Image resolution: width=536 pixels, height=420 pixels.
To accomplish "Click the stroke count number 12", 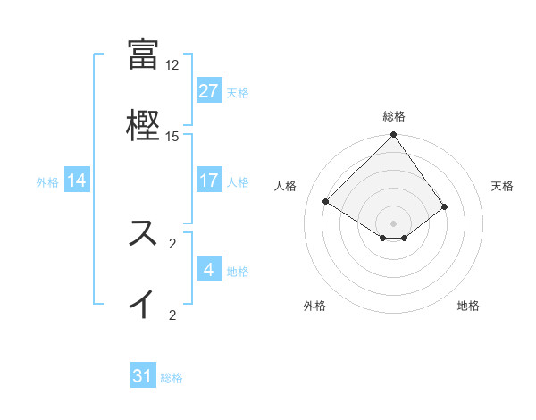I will (x=172, y=65).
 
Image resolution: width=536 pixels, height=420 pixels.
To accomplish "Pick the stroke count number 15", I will (x=172, y=137).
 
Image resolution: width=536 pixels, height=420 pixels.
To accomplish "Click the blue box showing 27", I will (x=209, y=91).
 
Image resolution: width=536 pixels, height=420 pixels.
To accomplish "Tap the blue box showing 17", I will (x=209, y=181).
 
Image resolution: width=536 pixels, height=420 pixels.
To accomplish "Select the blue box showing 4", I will (x=209, y=270).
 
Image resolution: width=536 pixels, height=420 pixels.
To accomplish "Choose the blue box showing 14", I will (x=77, y=181).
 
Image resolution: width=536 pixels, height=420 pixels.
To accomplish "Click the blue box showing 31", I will (x=143, y=376).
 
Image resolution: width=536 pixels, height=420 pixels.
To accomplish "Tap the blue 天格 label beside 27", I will (x=238, y=92).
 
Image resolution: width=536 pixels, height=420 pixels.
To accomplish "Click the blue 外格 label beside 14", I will (x=47, y=181).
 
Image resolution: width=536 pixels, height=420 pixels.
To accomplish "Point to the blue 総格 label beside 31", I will (x=172, y=378).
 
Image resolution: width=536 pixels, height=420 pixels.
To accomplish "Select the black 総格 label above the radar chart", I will (x=394, y=116).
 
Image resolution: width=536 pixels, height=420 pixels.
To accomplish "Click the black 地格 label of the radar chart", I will (x=468, y=306).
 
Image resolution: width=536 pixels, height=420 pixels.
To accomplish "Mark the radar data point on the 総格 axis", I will (x=394, y=137).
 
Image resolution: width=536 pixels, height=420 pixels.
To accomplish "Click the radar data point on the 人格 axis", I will (x=326, y=202).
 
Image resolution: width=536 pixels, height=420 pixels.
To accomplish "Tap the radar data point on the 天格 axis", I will (x=445, y=206).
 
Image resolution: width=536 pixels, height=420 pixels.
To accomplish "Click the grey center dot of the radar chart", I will (x=394, y=223).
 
